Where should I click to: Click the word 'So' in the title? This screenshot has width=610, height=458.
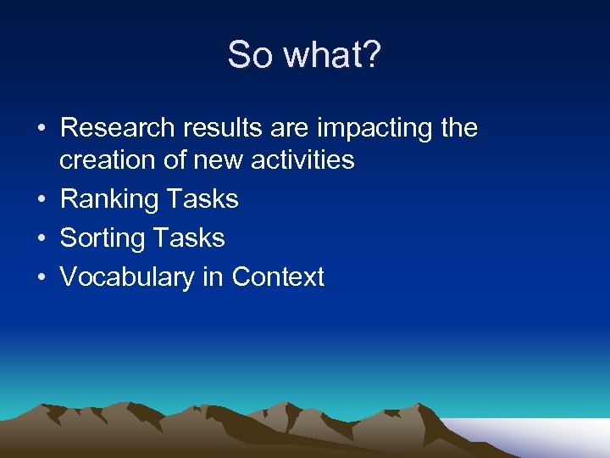[251, 56]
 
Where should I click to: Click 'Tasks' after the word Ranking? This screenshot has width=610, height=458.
[202, 199]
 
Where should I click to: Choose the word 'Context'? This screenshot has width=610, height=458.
[278, 277]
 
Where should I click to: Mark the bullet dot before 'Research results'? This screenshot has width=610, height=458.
[41, 129]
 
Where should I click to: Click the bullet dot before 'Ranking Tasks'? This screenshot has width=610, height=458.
[41, 200]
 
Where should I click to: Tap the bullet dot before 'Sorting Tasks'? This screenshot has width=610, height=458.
[41, 239]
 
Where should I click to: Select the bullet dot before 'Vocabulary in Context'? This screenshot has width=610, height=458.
[41, 278]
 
